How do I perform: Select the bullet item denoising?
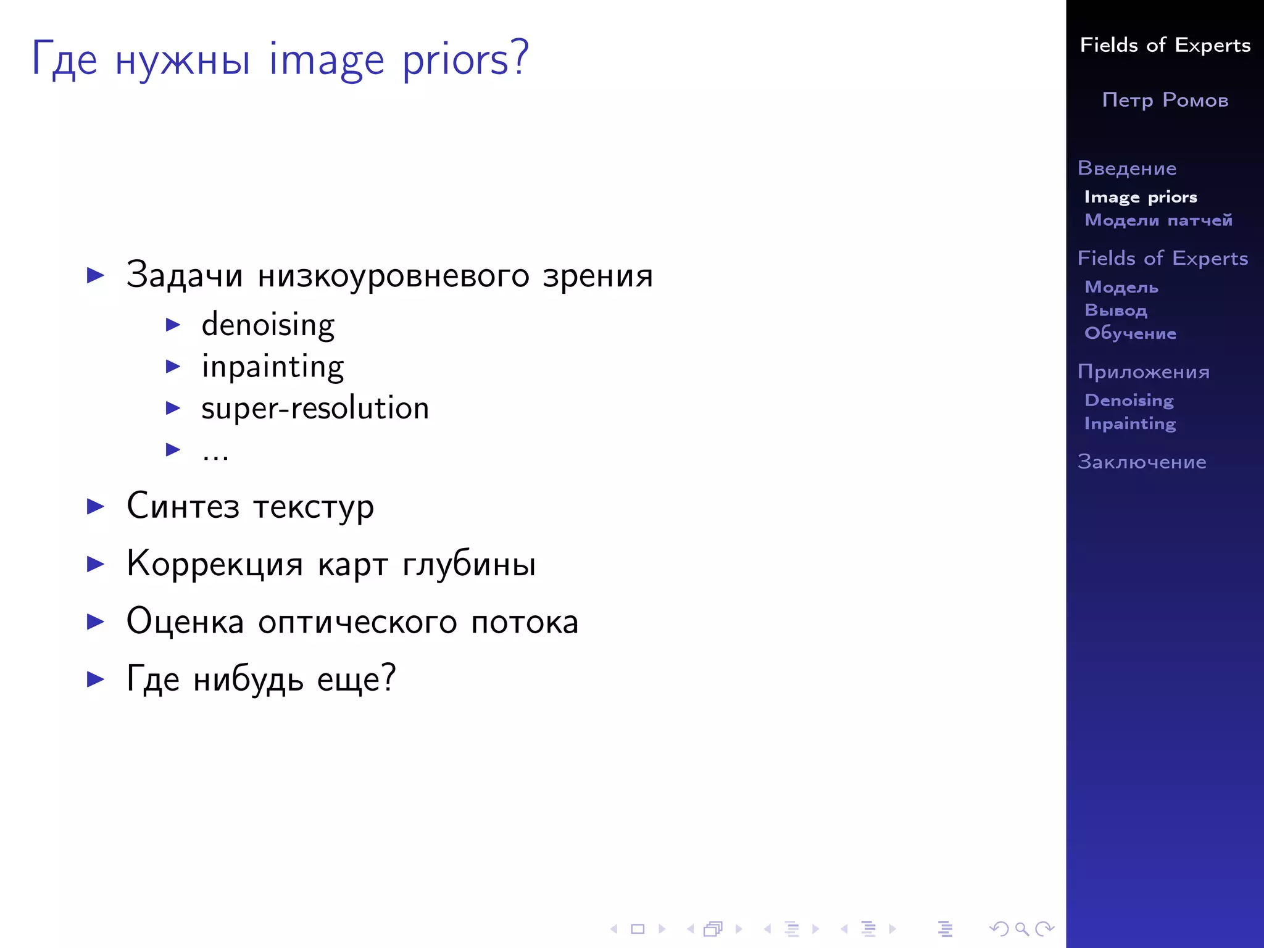pyautogui.click(x=268, y=325)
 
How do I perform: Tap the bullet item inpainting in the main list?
pyautogui.click(x=272, y=367)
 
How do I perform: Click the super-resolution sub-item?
pyautogui.click(x=315, y=408)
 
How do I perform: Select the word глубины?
pyautogui.click(x=469, y=564)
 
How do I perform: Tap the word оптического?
pyautogui.click(x=357, y=622)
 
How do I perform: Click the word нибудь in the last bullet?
pyautogui.click(x=248, y=679)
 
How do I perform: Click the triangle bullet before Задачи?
pyautogui.click(x=96, y=275)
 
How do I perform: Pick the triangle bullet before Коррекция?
pyautogui.click(x=96, y=564)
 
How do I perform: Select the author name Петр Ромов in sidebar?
pyautogui.click(x=1165, y=100)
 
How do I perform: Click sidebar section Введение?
pyautogui.click(x=1127, y=168)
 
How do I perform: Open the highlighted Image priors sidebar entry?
pyautogui.click(x=1141, y=197)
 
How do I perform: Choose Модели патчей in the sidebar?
pyautogui.click(x=1158, y=220)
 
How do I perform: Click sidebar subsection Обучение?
pyautogui.click(x=1130, y=333)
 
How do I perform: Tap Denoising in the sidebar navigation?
pyautogui.click(x=1129, y=400)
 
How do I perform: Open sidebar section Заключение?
pyautogui.click(x=1142, y=462)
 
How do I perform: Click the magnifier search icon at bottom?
pyautogui.click(x=1021, y=928)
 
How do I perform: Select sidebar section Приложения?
pyautogui.click(x=1144, y=372)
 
